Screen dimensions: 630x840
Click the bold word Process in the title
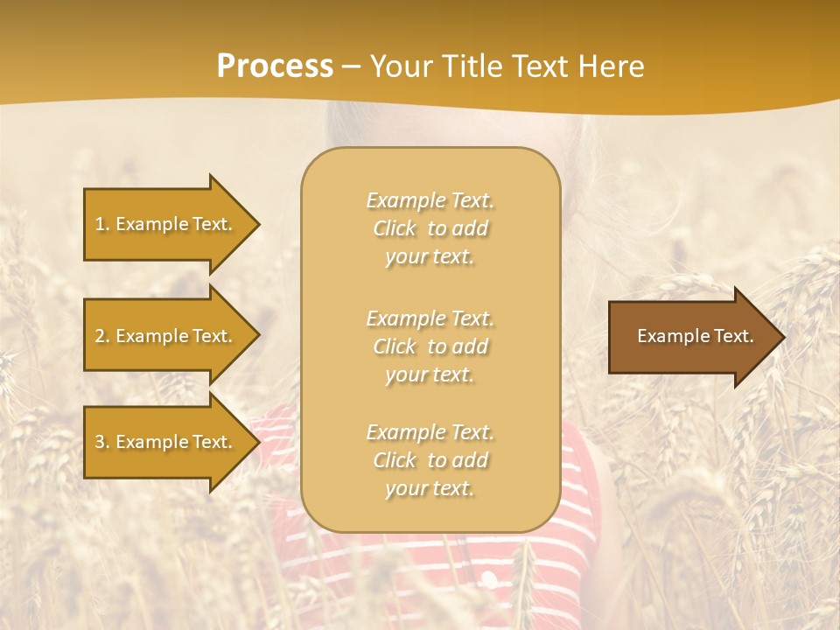click(x=275, y=66)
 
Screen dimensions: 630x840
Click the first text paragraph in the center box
click(x=430, y=228)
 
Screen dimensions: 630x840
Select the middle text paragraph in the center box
click(x=430, y=346)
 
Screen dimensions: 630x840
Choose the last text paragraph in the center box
click(x=430, y=460)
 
